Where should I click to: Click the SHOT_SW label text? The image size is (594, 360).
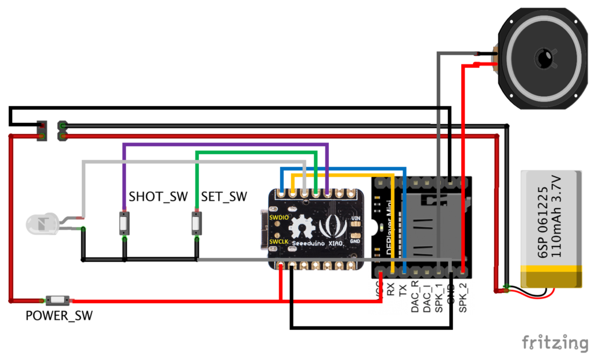tap(158, 197)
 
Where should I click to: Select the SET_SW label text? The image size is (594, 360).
tap(224, 197)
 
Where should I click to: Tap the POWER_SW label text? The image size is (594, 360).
tap(59, 316)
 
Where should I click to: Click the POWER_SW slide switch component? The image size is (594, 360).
tap(58, 300)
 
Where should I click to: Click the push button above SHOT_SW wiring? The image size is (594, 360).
tap(124, 223)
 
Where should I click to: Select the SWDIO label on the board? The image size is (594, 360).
tap(279, 216)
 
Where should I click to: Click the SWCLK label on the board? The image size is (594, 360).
tap(279, 241)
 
